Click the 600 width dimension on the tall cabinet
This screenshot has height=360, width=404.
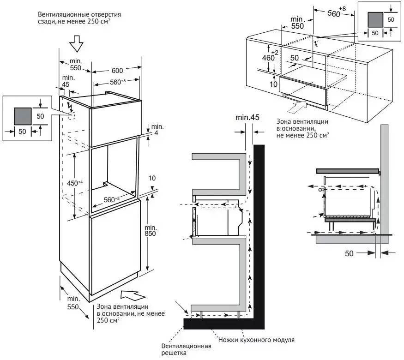(117, 71)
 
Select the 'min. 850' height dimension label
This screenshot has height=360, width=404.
(151, 230)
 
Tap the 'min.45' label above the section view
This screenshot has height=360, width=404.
(247, 118)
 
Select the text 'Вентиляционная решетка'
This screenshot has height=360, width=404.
(187, 350)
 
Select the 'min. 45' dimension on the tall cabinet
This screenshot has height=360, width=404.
(68, 81)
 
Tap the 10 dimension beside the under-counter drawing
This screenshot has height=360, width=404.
(273, 84)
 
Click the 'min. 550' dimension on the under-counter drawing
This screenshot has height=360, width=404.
(298, 24)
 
